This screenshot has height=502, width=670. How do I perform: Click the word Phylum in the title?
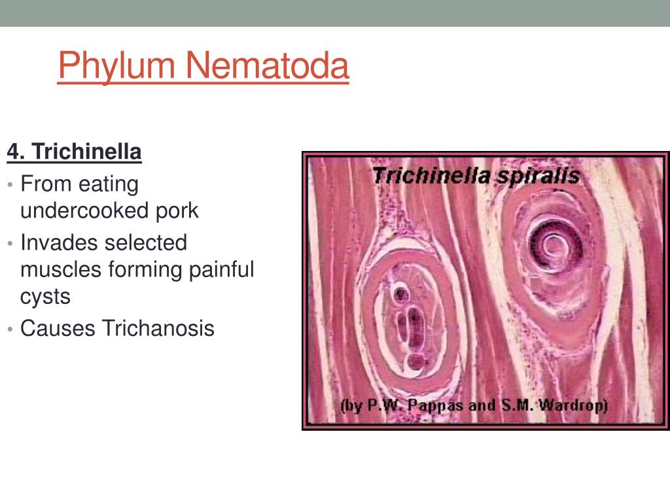point(116,65)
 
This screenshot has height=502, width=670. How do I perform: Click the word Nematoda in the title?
point(268,65)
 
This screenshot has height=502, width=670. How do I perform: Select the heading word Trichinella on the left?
point(87,152)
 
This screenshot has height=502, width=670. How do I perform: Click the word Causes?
point(58,329)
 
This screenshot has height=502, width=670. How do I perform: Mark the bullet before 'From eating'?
point(10,184)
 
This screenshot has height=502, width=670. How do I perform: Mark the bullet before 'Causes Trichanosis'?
point(10,329)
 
